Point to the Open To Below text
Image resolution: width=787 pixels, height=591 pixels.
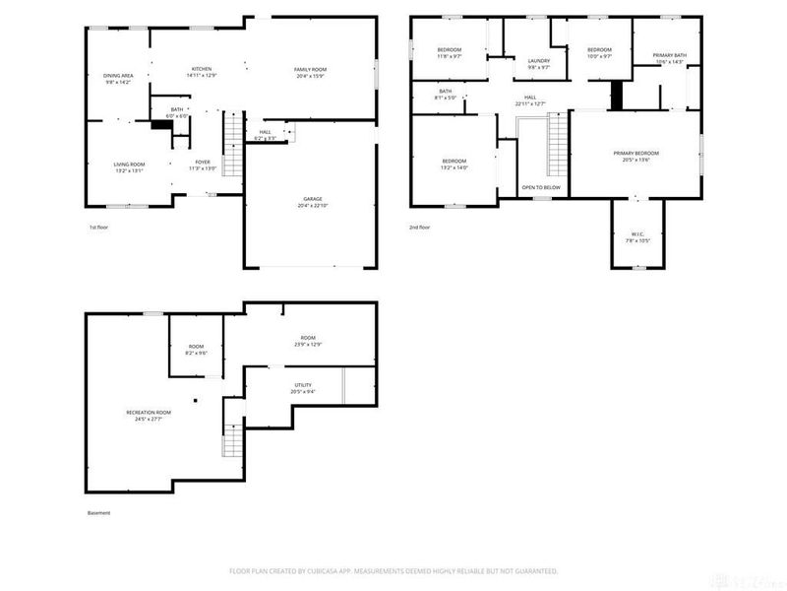[x=541, y=187]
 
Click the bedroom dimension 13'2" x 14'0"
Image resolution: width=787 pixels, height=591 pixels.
[x=454, y=167]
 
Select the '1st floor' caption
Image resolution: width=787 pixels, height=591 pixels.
[x=98, y=228]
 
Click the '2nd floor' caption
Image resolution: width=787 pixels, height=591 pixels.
[x=420, y=228]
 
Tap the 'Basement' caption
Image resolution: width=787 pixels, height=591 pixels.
[x=98, y=513]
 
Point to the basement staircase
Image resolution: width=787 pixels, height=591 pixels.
[x=231, y=438]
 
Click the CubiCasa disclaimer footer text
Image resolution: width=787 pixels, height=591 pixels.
[x=393, y=570]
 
